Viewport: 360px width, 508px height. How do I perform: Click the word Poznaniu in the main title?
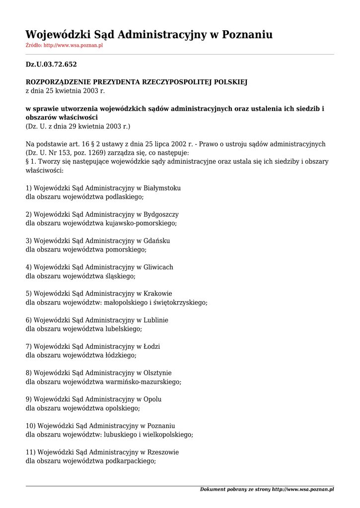click(x=247, y=35)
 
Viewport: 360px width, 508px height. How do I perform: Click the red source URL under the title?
click(x=73, y=46)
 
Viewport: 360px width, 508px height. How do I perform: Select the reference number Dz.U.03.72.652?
click(x=51, y=64)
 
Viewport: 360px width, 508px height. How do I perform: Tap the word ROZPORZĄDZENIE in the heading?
click(x=56, y=82)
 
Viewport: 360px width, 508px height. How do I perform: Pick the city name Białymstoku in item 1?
click(x=162, y=188)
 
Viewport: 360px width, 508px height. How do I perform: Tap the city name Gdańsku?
click(x=156, y=241)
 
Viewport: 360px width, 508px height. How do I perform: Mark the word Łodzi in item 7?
click(x=152, y=346)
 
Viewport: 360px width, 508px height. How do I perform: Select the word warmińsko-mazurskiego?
click(x=144, y=382)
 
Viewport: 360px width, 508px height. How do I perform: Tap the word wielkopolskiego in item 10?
click(x=169, y=435)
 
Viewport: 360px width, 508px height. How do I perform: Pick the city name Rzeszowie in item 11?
click(x=161, y=452)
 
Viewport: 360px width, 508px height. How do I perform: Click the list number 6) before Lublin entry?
click(x=29, y=320)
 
